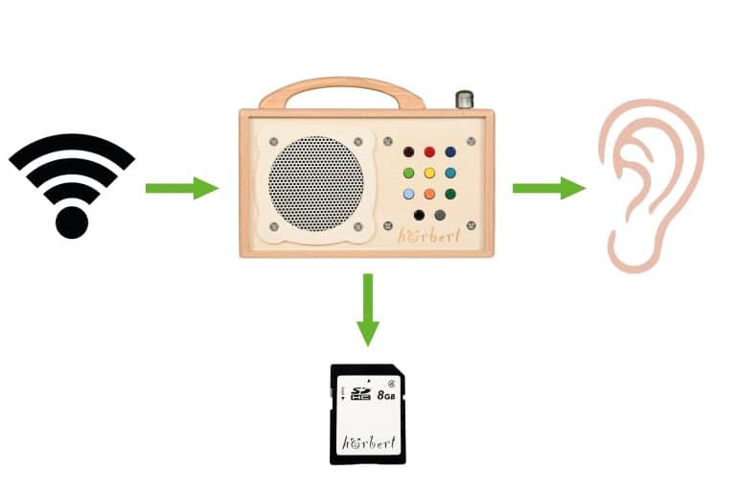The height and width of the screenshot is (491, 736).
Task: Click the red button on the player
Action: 429,152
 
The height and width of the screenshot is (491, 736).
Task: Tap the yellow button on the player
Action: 429,174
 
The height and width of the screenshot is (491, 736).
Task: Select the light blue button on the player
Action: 409,195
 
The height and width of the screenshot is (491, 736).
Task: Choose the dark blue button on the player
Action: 450,152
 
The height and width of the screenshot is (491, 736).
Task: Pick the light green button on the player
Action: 409,174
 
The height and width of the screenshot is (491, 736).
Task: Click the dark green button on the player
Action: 450,195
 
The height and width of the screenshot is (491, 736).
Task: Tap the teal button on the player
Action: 450,174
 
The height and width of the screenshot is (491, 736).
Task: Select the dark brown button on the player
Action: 409,152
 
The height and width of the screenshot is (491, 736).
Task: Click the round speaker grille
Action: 315,183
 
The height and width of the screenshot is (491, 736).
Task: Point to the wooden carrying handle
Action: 342,89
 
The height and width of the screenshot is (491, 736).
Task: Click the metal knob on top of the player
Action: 465,99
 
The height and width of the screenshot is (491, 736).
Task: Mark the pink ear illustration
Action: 650,187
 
